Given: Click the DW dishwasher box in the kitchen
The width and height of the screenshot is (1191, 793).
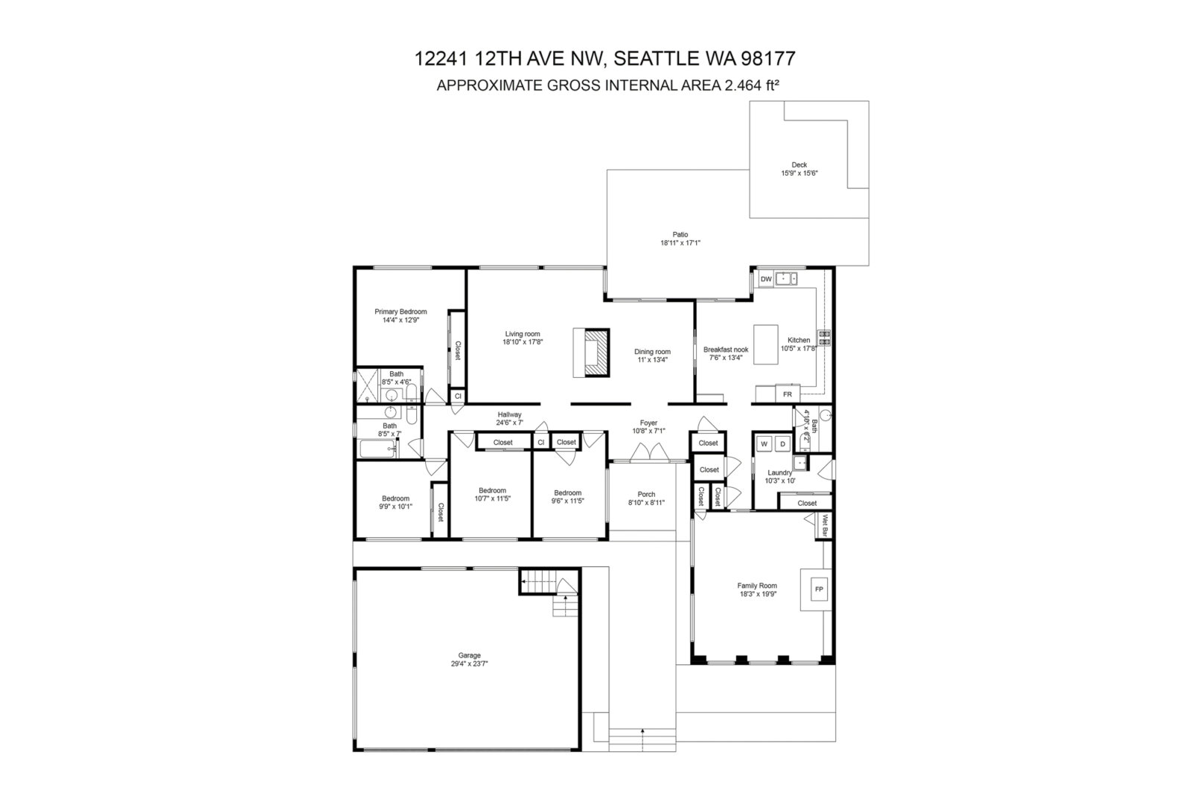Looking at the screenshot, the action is tap(766, 279).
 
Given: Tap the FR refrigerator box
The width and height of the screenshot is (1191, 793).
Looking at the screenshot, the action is tap(788, 394).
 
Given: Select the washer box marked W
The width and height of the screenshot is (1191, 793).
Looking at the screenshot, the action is tap(764, 444).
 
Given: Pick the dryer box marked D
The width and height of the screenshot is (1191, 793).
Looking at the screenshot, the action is tap(782, 444).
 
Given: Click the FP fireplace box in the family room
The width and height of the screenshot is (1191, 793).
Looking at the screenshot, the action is tap(819, 589).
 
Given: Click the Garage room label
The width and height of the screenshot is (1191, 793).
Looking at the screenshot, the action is tap(469, 655).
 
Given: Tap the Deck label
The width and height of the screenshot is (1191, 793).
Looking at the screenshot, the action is tap(799, 164).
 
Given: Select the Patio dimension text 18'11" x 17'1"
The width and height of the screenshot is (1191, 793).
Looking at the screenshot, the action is tap(680, 243).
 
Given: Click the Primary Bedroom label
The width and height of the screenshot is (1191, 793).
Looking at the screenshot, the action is tap(400, 312).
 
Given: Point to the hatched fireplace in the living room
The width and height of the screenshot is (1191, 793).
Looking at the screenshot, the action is tap(597, 353).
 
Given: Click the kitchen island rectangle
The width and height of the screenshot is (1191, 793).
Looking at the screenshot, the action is tap(766, 344).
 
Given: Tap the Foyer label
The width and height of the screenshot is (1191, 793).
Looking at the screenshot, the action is tap(648, 423).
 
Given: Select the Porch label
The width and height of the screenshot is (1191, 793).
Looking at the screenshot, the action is tap(647, 494).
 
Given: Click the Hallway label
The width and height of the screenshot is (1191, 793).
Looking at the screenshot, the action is tap(509, 414).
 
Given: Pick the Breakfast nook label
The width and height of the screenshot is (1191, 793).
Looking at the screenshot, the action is tap(726, 350).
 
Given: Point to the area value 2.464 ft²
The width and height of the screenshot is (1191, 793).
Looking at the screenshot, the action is tap(753, 85).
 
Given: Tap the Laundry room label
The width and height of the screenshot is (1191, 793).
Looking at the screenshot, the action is tap(780, 472).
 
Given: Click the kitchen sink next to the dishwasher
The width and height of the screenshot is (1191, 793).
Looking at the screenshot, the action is tap(786, 278).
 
